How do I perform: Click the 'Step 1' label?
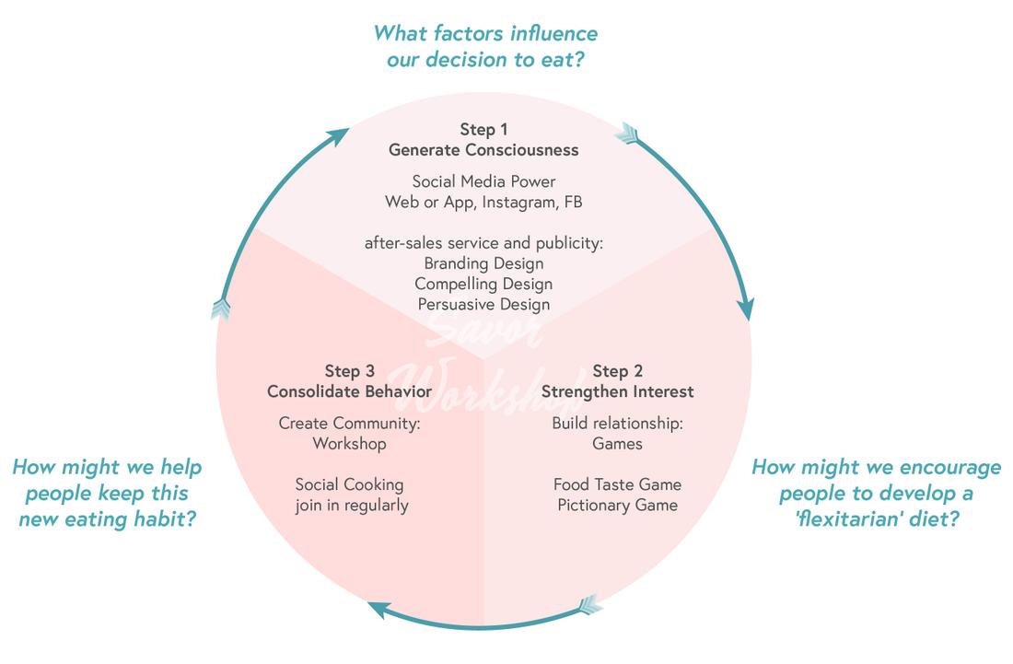click(483, 130)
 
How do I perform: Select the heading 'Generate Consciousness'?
click(483, 150)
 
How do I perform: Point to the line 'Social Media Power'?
click(483, 181)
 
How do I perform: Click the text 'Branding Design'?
click(483, 263)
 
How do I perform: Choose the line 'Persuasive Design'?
click(483, 304)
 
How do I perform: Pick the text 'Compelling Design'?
click(483, 284)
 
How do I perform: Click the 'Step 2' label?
click(617, 371)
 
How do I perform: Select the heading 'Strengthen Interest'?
click(617, 391)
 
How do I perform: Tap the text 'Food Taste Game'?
click(617, 484)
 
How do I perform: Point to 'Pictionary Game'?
click(617, 505)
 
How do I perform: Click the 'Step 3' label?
click(349, 371)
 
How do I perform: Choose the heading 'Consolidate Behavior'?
click(349, 391)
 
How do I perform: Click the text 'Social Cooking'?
click(349, 484)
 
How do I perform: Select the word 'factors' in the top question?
click(454, 34)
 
